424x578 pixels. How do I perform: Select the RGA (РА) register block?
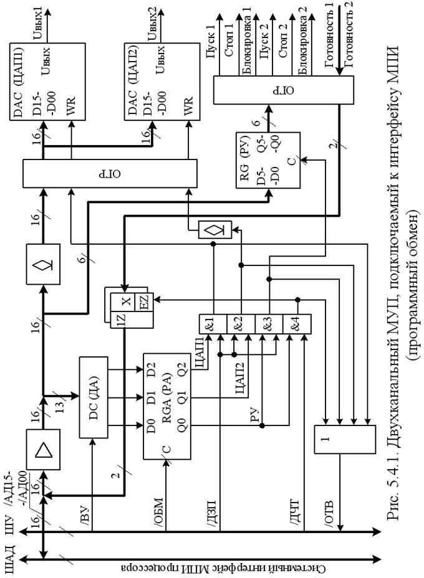tap(167, 406)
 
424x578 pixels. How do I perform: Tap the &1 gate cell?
tap(213, 324)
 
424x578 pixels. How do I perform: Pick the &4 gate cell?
tap(297, 324)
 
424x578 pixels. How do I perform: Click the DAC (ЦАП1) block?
tap(47, 82)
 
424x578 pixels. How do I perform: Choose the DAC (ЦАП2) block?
tap(162, 82)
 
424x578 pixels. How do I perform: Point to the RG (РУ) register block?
tap(268, 160)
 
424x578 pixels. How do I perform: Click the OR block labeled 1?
tap(345, 439)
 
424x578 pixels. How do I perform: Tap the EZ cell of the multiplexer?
tap(144, 302)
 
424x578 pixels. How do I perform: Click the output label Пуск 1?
tap(210, 42)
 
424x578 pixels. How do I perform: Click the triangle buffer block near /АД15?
tap(43, 449)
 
